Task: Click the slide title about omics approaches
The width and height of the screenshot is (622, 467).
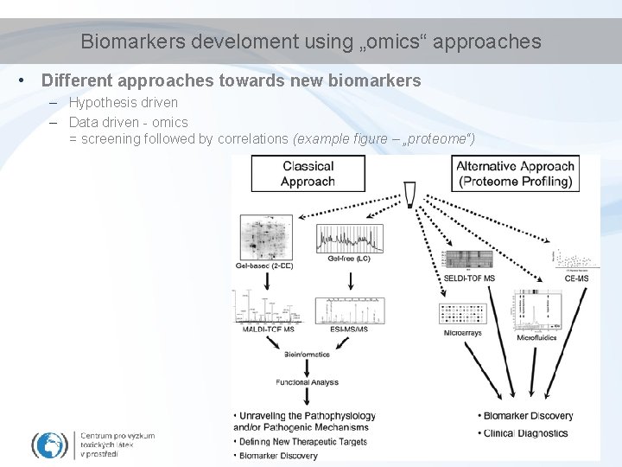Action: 311,42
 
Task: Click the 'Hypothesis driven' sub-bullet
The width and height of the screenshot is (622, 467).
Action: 124,103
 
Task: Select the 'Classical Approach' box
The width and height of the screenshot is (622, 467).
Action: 308,174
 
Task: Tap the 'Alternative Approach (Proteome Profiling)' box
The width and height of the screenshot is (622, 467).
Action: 515,174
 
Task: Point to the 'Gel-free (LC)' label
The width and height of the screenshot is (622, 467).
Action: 349,259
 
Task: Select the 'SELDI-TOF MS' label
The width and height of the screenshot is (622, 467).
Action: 469,278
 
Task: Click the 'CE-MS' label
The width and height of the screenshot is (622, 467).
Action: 576,278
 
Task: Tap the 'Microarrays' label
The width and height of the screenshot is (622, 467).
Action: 462,333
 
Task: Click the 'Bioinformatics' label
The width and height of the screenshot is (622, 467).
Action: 307,354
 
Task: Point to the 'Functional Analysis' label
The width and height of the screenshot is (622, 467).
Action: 307,382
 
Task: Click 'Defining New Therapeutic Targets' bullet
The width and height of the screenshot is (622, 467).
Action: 301,442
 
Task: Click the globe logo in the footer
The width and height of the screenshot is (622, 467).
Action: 51,445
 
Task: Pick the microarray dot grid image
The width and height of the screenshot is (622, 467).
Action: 463,315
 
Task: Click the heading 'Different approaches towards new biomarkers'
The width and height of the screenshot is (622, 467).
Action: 232,81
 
